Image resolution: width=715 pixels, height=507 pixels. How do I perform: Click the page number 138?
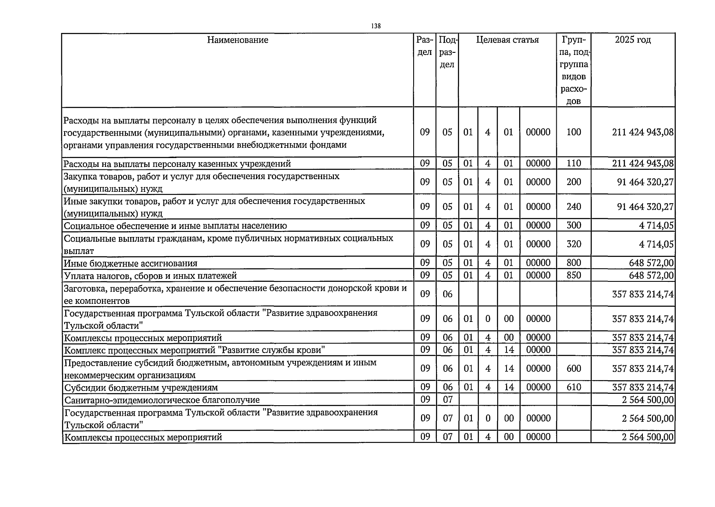[x=376, y=26]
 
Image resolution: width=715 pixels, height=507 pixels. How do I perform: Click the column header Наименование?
[x=238, y=40]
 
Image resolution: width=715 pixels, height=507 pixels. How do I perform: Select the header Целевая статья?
[x=507, y=40]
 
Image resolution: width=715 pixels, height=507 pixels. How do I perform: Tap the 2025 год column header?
[x=633, y=40]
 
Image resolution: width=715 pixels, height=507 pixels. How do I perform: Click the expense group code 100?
[x=574, y=132]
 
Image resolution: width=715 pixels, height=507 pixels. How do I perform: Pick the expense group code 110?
[x=574, y=164]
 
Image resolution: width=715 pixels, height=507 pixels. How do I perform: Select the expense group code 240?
[x=574, y=207]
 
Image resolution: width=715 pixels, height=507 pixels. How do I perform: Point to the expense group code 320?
[x=574, y=244]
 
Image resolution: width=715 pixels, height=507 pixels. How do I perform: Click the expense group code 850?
[x=574, y=275]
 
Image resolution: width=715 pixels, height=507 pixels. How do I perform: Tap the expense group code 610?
[x=574, y=387]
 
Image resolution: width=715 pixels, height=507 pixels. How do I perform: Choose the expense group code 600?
[x=574, y=369]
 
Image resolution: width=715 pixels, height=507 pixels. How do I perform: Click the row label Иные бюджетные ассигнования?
[x=130, y=264]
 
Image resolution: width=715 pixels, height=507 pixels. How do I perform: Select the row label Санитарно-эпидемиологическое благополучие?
[x=162, y=400]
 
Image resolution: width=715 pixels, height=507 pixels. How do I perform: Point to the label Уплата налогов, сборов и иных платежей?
[x=150, y=276]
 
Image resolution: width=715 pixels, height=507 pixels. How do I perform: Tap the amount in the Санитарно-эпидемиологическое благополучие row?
[x=647, y=400]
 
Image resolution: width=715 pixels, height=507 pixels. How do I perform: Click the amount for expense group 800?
[x=651, y=263]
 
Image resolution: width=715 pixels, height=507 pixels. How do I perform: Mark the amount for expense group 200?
[x=645, y=182]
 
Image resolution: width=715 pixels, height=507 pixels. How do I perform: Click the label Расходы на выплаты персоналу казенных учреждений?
[x=177, y=164]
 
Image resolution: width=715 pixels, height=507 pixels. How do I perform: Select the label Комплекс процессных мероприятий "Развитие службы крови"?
[x=194, y=350]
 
